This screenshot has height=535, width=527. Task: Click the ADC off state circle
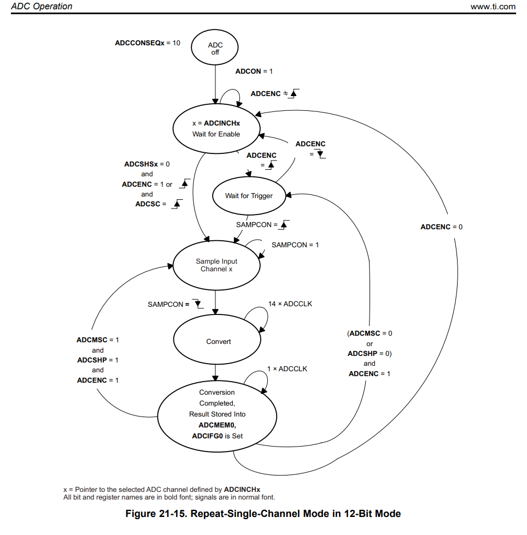[x=215, y=49]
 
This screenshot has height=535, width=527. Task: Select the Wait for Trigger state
[x=249, y=196]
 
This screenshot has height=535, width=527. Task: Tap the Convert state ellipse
[x=218, y=342]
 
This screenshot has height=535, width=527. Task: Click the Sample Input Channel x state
[x=216, y=265]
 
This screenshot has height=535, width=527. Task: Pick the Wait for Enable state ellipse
[x=216, y=129]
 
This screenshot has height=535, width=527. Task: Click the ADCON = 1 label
[x=254, y=72]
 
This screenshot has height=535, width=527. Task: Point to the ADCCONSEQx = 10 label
[x=147, y=43]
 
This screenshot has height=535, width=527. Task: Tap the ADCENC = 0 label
[x=441, y=227]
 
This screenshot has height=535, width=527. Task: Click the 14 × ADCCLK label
[x=290, y=304]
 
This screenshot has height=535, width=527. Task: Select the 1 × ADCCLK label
[x=287, y=369]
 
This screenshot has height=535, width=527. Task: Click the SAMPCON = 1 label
[x=295, y=245]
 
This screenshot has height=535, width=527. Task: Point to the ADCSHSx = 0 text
[x=147, y=164]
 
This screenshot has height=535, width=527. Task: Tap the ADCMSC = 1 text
[x=97, y=340]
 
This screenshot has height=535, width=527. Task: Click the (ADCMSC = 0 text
[x=370, y=333]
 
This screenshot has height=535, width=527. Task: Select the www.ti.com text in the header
[x=493, y=7]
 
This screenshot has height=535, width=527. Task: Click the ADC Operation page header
[x=42, y=7]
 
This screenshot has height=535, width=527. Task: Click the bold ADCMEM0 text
[x=216, y=425]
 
